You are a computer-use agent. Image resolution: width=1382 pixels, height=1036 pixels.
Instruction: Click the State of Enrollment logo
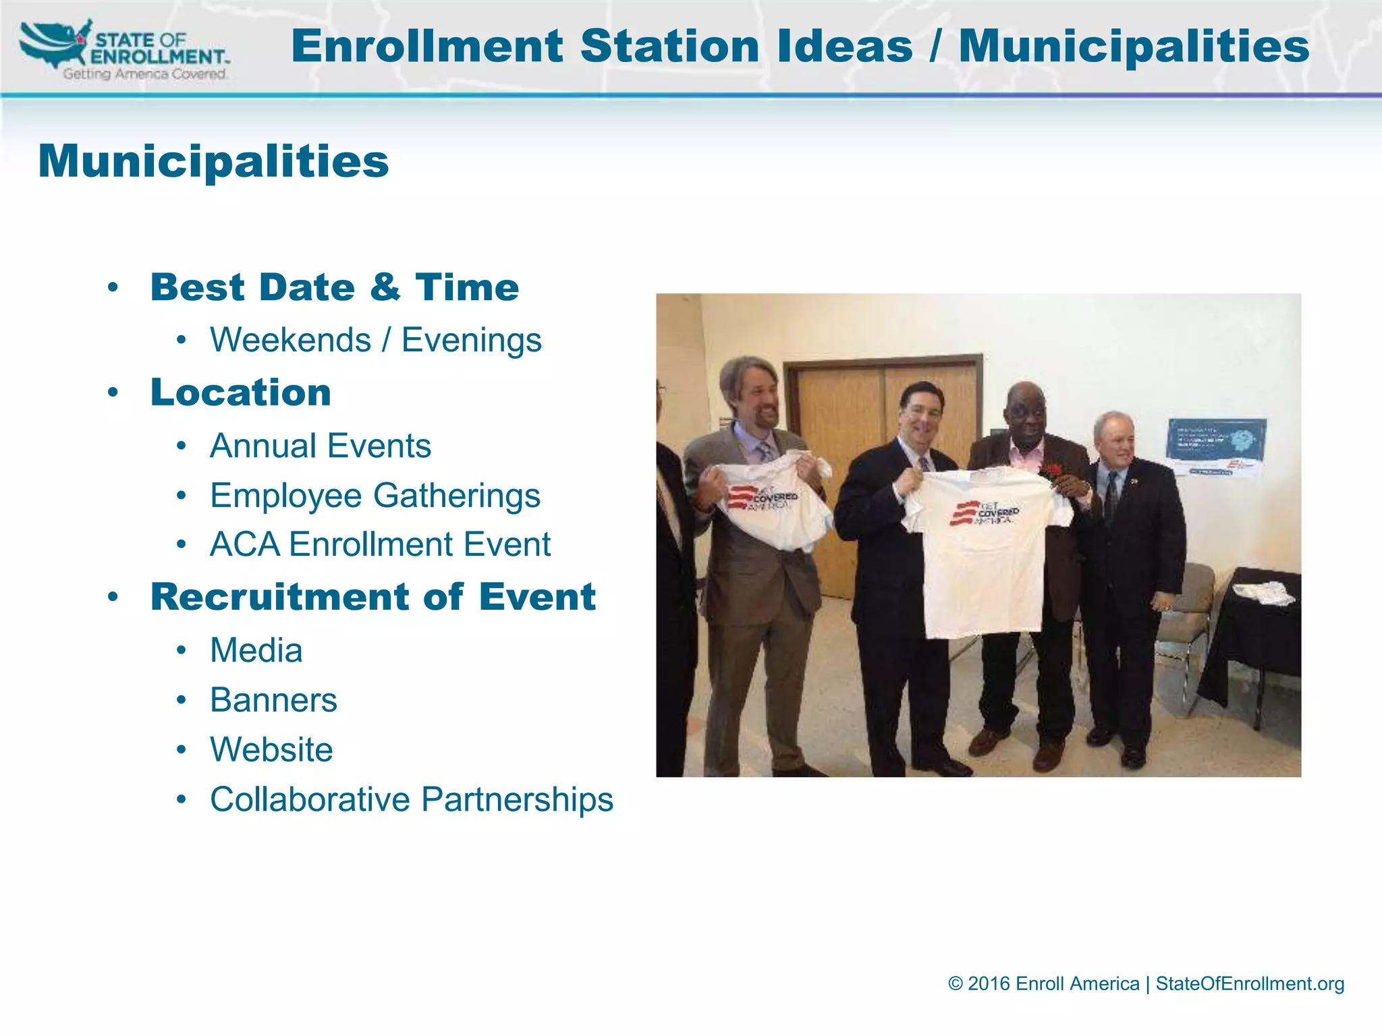(x=125, y=51)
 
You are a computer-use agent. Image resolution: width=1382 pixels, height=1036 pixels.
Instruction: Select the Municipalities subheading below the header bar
(x=213, y=162)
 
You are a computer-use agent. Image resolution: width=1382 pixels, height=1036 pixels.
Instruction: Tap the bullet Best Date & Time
(x=335, y=287)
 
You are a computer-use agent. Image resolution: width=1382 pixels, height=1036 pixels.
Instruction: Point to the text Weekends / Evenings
(x=375, y=340)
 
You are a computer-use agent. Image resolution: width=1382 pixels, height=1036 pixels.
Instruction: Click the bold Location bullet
(x=241, y=393)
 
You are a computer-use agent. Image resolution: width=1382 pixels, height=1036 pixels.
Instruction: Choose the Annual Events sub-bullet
(x=321, y=446)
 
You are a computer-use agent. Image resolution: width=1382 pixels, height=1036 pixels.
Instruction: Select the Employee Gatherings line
(x=375, y=496)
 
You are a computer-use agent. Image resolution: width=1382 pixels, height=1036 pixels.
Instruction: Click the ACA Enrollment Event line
(x=380, y=545)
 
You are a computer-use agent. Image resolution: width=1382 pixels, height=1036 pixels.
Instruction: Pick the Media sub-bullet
(x=256, y=651)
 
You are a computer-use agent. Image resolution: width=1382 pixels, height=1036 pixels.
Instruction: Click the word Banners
(x=273, y=700)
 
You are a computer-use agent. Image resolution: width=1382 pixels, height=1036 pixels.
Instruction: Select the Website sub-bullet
(x=271, y=750)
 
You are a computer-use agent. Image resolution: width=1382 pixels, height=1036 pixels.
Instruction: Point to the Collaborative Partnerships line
(x=412, y=800)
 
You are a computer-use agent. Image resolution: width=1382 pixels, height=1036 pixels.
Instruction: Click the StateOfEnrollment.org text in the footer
(x=1250, y=984)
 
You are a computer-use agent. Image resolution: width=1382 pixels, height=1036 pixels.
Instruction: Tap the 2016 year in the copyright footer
(x=989, y=984)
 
